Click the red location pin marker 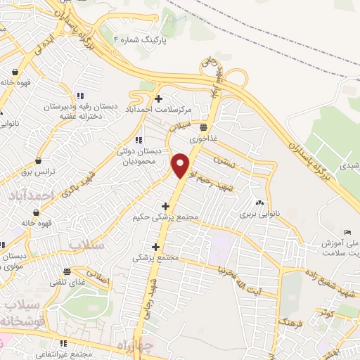point(181,166)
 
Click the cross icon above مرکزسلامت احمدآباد point(160,98)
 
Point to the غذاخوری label point(204,139)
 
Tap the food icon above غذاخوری point(203,127)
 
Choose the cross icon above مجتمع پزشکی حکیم point(165,206)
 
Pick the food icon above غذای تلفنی point(67,272)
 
